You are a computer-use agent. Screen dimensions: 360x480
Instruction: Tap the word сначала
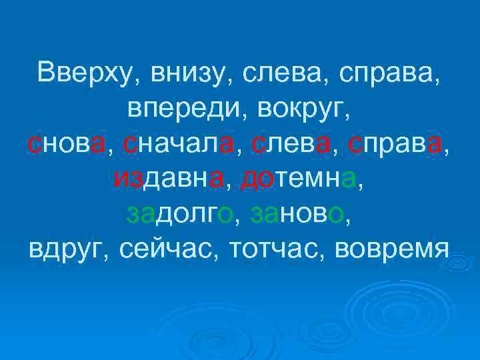tap(176, 143)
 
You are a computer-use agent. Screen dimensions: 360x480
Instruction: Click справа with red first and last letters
tap(398, 143)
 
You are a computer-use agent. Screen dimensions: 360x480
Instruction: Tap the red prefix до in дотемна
tap(255, 178)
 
